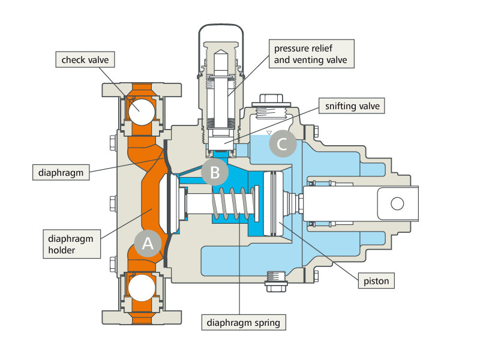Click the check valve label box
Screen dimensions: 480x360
pyautogui.click(x=85, y=59)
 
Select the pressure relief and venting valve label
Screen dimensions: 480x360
pyautogui.click(x=311, y=54)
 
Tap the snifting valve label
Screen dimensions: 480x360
pyautogui.click(x=352, y=106)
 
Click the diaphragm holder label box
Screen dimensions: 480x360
pyautogui.click(x=71, y=244)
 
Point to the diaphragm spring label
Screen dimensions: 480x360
pyautogui.click(x=244, y=322)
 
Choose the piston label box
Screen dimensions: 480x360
pyautogui.click(x=376, y=281)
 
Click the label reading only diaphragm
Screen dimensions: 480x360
pyautogui.click(x=61, y=172)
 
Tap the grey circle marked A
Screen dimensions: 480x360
pyautogui.click(x=148, y=244)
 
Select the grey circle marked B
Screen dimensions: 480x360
pyautogui.click(x=215, y=172)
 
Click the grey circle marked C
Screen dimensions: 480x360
pyautogui.click(x=283, y=143)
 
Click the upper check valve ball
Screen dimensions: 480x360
pyautogui.click(x=142, y=112)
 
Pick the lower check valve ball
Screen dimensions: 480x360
pyautogui.click(x=142, y=288)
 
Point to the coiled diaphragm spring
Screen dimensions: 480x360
pyautogui.click(x=234, y=203)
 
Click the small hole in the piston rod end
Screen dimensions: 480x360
pyautogui.click(x=397, y=203)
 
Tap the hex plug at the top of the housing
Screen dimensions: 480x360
pyautogui.click(x=271, y=100)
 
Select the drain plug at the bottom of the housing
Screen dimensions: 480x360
pyautogui.click(x=277, y=281)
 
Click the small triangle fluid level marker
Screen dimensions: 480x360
pyautogui.click(x=269, y=133)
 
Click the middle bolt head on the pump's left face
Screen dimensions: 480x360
pyautogui.click(x=113, y=203)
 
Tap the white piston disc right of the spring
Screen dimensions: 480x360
pyautogui.click(x=272, y=203)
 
